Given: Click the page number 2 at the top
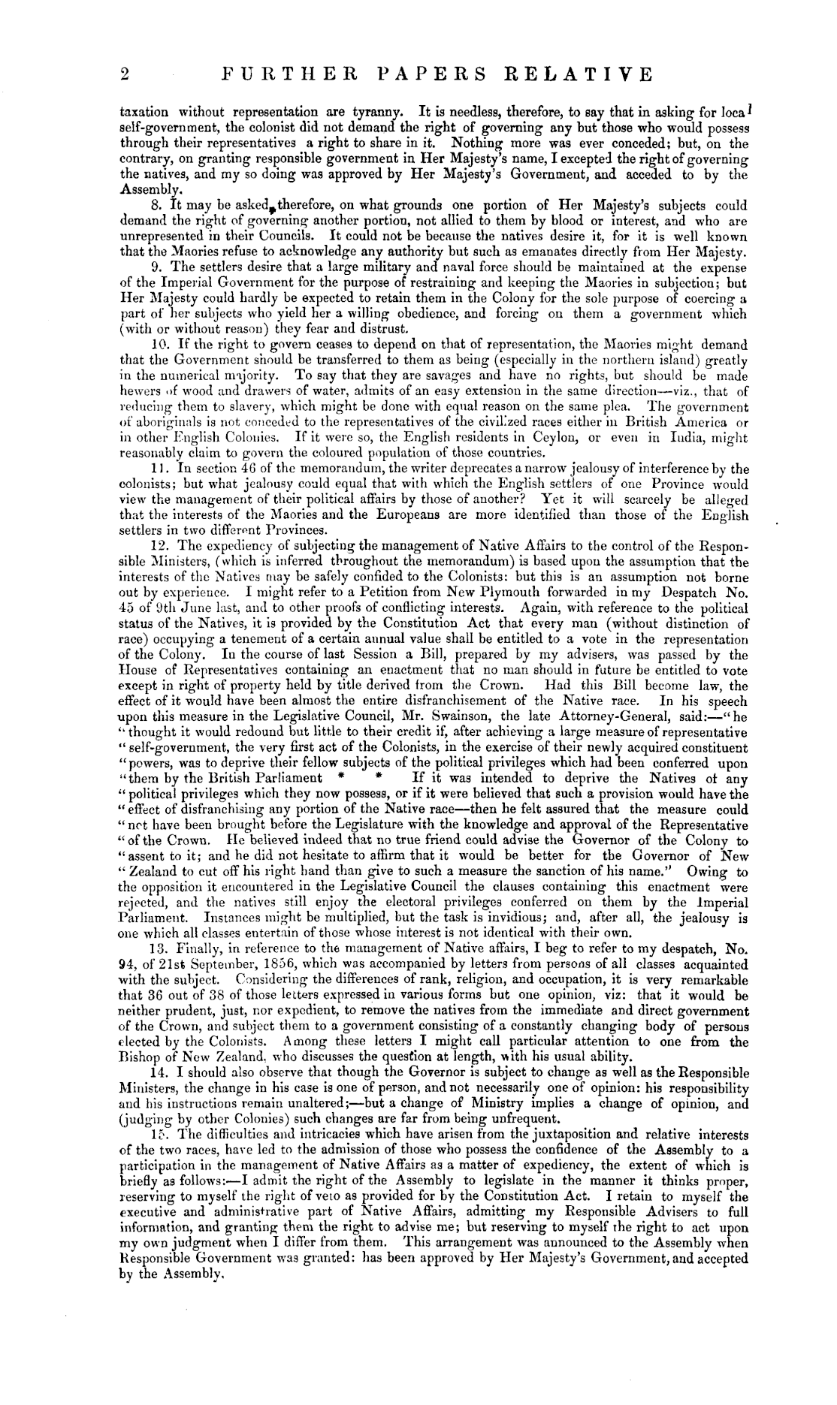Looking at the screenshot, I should coord(125,74).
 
